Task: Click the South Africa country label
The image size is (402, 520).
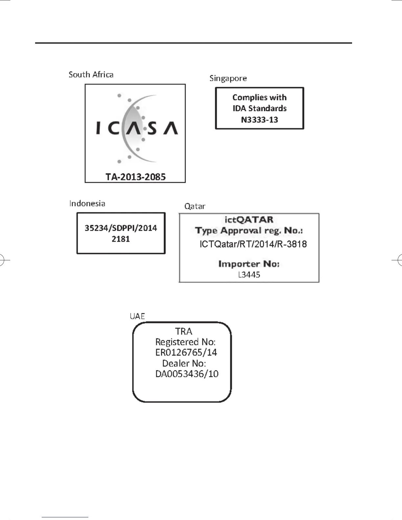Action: (x=91, y=75)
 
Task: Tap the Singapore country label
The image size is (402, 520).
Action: (x=228, y=78)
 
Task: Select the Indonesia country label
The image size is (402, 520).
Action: (x=87, y=204)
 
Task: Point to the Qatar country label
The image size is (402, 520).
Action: (x=195, y=206)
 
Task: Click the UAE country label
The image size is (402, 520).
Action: (x=137, y=316)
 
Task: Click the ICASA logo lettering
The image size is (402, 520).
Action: (x=137, y=128)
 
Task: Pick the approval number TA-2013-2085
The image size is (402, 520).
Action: (x=135, y=177)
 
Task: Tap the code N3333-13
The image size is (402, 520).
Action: (x=259, y=119)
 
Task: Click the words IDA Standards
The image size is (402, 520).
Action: (x=259, y=108)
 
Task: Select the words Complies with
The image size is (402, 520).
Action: (x=259, y=97)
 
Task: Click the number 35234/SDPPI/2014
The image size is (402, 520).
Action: (x=121, y=228)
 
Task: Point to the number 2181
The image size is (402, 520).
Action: (x=121, y=239)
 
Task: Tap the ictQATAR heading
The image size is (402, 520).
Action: (x=249, y=220)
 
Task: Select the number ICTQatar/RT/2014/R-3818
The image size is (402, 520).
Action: (x=253, y=244)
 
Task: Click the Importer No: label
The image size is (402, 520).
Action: (x=249, y=264)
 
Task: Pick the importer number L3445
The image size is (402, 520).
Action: (x=249, y=275)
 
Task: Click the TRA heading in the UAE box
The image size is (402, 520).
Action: (x=184, y=331)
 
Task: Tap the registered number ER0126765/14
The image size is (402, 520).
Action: (x=186, y=353)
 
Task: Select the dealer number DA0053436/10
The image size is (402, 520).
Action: (x=187, y=374)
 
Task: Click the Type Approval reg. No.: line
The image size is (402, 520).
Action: (x=249, y=230)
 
